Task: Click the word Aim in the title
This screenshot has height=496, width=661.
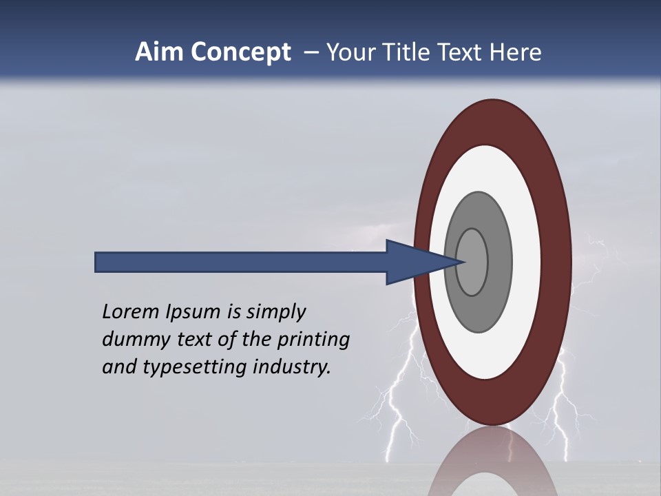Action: [x=157, y=52]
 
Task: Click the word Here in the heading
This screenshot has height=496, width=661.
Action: [x=515, y=52]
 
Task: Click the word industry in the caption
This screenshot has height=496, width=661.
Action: [x=292, y=367]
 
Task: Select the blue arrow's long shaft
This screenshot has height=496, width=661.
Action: [x=241, y=262]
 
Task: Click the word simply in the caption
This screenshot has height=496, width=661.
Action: [x=275, y=313]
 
